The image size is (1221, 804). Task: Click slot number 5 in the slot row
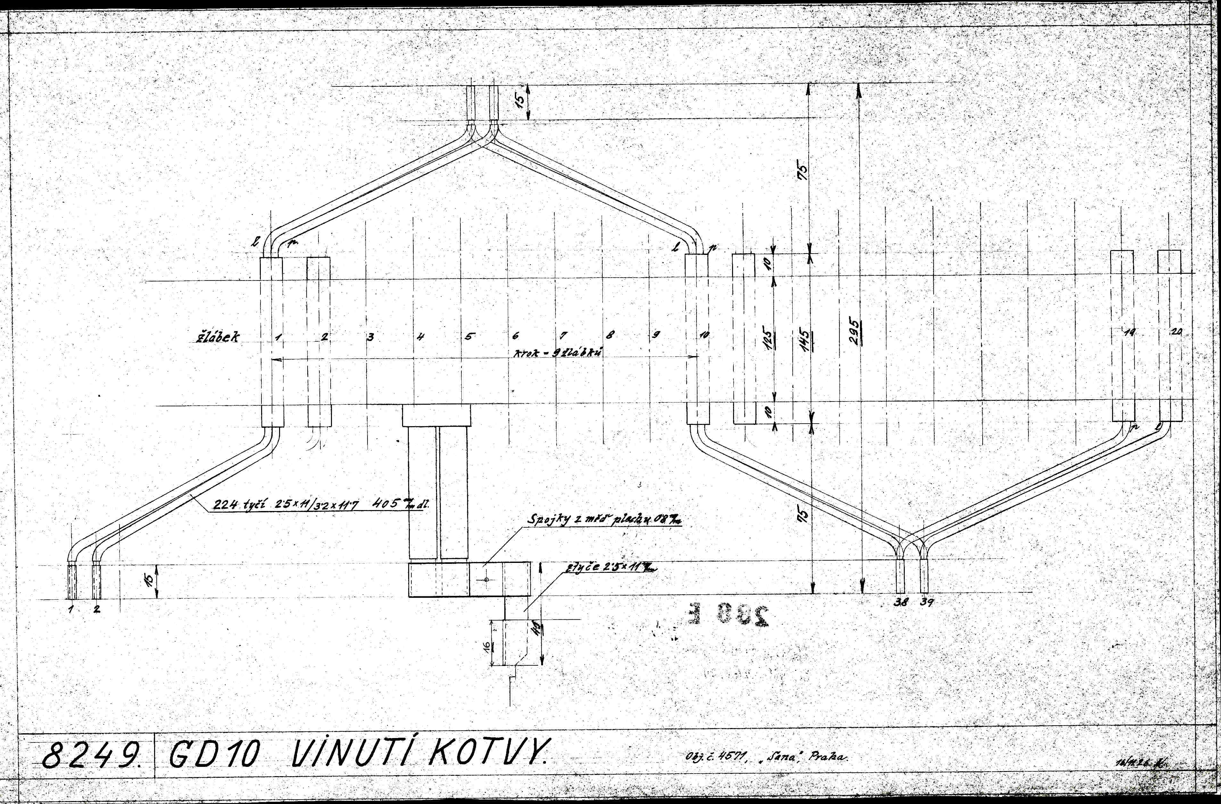(x=469, y=337)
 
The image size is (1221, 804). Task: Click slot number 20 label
(x=1176, y=332)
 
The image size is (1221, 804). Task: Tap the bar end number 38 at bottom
(x=900, y=603)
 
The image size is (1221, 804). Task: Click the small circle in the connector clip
(x=486, y=580)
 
